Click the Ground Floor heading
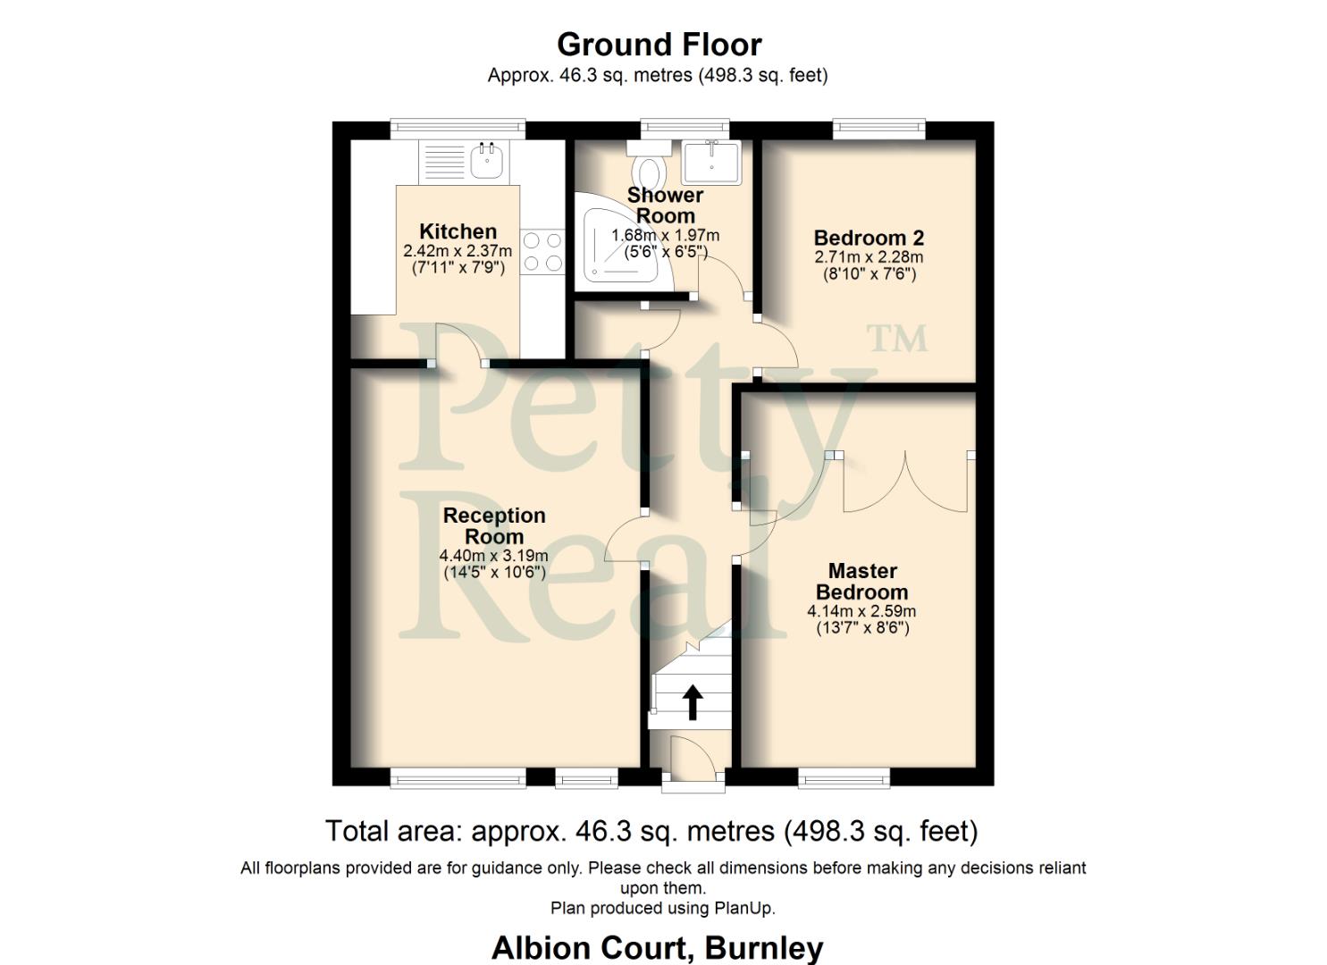coord(659,45)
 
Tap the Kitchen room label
coord(458,232)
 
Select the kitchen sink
coord(488,162)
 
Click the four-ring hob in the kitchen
coord(543,251)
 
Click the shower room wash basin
coord(711,161)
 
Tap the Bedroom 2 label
coord(869,238)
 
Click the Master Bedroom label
coord(861,581)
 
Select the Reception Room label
coord(494,525)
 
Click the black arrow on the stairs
coord(693,701)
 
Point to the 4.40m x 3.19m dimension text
coord(494,556)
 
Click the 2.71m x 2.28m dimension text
coord(869,257)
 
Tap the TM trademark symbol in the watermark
coord(898,339)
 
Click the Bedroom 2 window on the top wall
coord(879,130)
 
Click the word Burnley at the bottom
coord(764,947)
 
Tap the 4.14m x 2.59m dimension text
coord(861,612)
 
